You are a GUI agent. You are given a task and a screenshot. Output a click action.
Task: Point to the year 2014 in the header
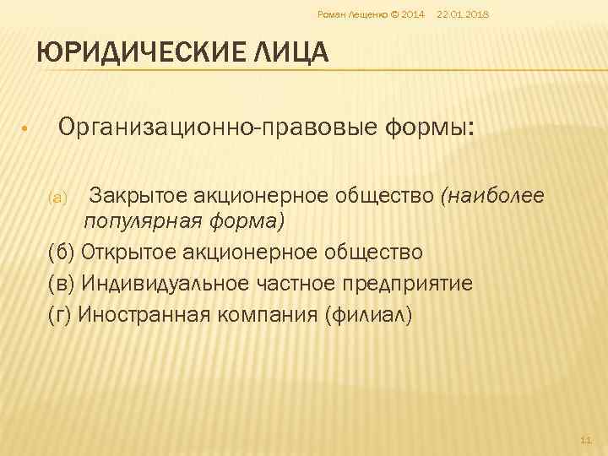coord(414,14)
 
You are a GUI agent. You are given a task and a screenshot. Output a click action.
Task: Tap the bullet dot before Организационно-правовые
coord(25,129)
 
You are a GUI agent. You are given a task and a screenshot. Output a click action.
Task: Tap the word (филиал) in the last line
coord(365,314)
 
